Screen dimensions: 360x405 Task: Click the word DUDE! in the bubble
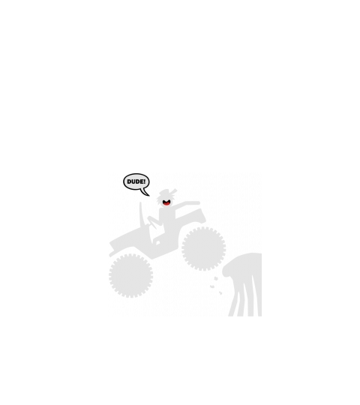[136, 181]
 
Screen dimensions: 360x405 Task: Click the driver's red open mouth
[166, 202]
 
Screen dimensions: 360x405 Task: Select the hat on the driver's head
[167, 192]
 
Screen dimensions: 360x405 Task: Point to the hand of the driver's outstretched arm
[197, 203]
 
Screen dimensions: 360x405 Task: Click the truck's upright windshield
[142, 214]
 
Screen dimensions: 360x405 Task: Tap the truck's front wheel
[131, 275]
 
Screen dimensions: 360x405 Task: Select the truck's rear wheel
[204, 248]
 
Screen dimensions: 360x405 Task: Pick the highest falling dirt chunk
[216, 278]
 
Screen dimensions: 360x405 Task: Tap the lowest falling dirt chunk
[220, 293]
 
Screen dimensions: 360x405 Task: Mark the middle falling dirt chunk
[212, 286]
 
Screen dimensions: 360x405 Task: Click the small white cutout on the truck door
[158, 243]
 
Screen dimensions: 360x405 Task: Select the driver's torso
[167, 220]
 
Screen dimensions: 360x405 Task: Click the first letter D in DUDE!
[129, 181]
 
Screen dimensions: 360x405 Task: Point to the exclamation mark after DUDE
[145, 181]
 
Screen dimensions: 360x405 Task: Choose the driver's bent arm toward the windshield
[154, 221]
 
